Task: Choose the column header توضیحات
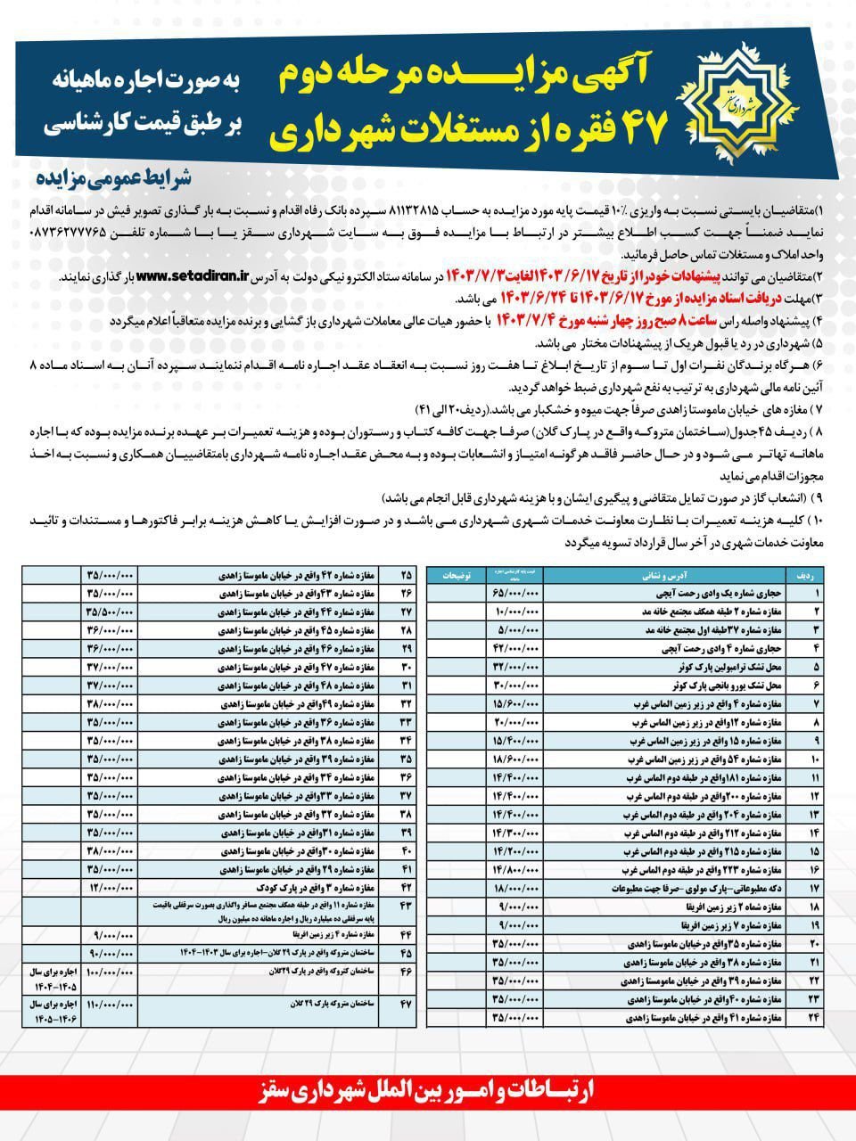click(x=460, y=576)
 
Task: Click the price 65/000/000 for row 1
click(x=516, y=591)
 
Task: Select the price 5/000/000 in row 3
click(x=516, y=630)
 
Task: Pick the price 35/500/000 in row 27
click(x=111, y=612)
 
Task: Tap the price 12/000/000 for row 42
click(x=111, y=889)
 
